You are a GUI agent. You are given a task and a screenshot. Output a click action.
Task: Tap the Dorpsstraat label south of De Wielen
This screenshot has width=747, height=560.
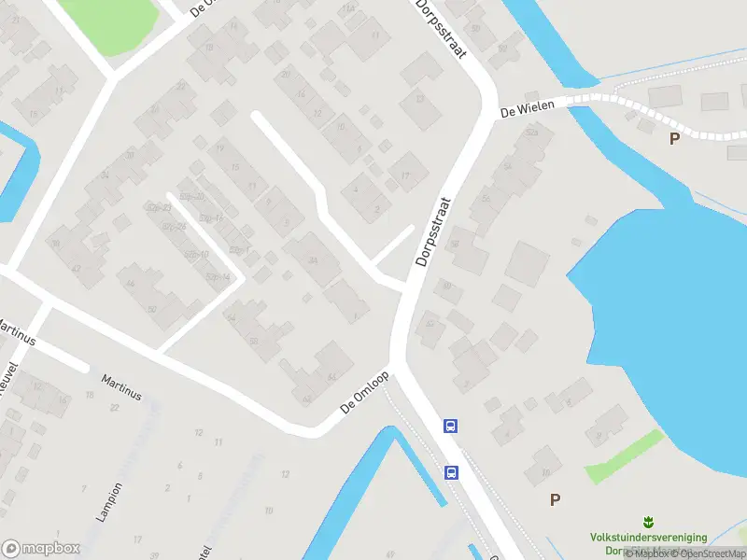(434, 231)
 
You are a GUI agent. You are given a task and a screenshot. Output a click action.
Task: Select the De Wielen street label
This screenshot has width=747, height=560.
(520, 110)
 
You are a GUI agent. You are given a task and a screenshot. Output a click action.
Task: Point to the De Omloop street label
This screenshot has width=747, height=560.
(364, 393)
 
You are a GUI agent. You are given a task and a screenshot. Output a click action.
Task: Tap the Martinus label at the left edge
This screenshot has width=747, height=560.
(17, 333)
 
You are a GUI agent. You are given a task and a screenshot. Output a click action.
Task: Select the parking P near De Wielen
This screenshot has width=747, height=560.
(674, 138)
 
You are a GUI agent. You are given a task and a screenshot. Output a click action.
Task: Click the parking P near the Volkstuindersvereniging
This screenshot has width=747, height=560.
(555, 499)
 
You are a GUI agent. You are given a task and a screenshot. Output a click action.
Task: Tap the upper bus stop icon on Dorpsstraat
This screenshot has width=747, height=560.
(451, 427)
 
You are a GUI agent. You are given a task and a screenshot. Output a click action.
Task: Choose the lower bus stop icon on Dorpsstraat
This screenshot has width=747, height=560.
(452, 472)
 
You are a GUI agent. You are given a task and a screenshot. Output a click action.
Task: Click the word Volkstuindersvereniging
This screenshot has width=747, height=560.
(648, 538)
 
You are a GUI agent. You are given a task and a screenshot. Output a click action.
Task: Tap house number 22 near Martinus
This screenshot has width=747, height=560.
(115, 407)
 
